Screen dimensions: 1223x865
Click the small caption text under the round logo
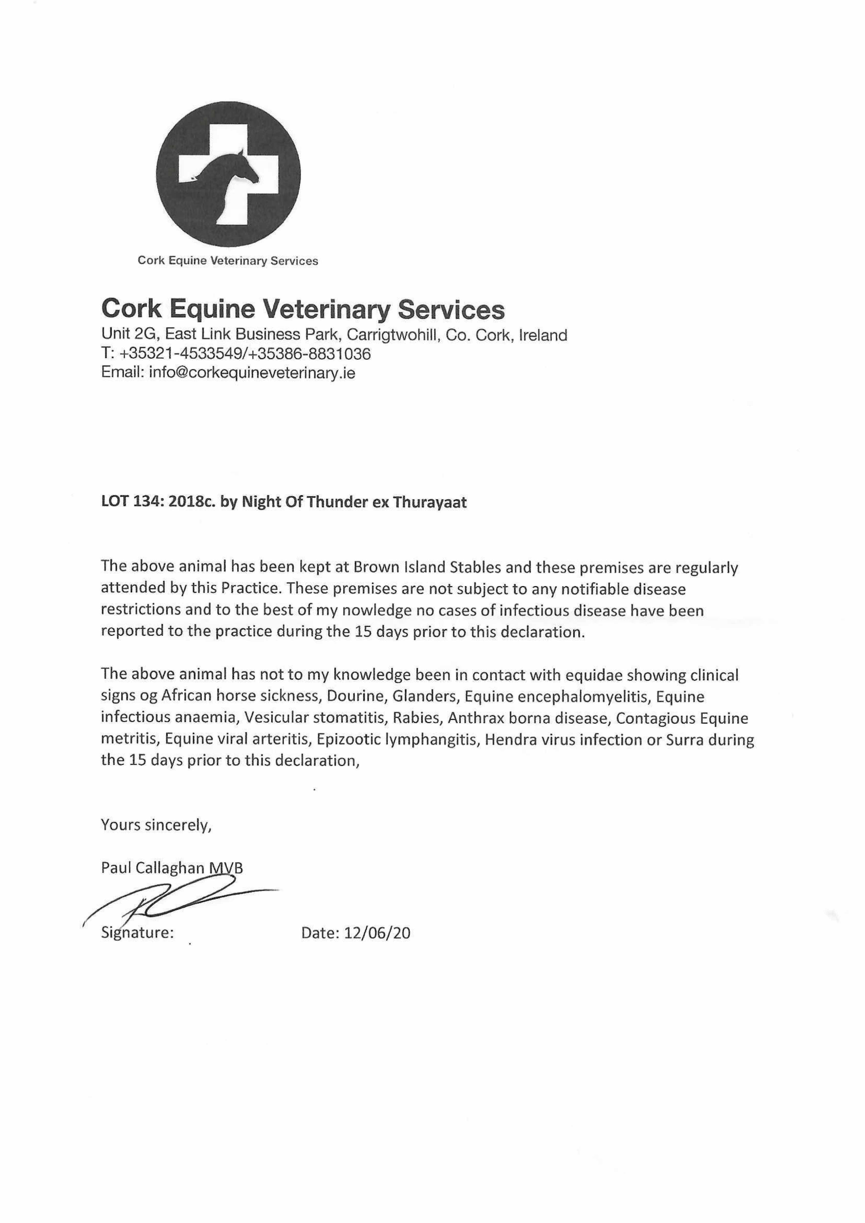[228, 260]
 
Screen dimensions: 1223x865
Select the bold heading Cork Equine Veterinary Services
[303, 309]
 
